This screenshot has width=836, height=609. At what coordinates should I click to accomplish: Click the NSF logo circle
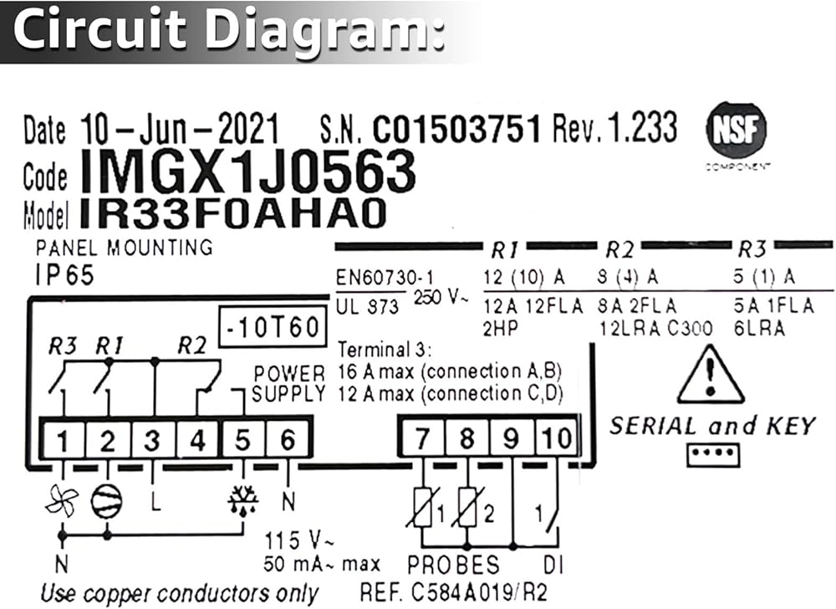737,131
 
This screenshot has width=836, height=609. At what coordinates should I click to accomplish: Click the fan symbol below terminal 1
62,501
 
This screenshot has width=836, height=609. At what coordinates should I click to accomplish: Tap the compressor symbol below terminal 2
106,501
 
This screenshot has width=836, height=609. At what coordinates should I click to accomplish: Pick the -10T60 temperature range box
273,328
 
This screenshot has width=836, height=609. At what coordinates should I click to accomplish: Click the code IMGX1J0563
248,173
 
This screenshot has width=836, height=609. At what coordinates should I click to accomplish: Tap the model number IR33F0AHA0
233,214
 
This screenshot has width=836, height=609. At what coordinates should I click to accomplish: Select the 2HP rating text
500,328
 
